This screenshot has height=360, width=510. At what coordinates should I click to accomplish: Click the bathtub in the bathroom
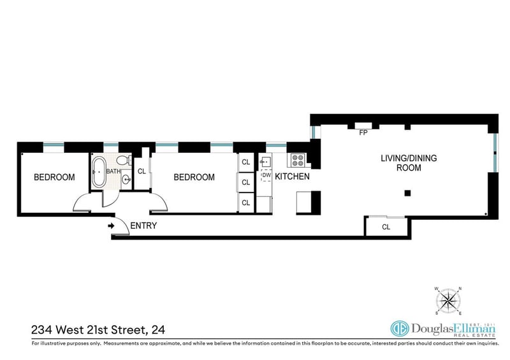(99, 171)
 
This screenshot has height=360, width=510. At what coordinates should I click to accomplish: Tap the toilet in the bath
(123, 161)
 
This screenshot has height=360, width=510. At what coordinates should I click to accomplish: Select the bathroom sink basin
(126, 179)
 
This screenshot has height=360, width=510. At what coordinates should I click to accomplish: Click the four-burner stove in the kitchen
(298, 161)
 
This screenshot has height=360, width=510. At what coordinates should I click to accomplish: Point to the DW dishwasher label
(266, 175)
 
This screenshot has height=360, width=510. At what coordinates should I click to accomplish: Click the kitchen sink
(265, 161)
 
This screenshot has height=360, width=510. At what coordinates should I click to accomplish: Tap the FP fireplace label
(363, 133)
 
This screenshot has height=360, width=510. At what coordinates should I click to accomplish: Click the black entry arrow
(111, 226)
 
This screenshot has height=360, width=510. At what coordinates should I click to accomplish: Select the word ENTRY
(143, 226)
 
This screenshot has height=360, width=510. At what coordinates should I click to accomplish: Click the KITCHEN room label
(292, 176)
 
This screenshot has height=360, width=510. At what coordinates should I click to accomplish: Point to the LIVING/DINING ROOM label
(409, 163)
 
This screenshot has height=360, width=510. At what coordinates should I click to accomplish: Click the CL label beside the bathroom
(142, 171)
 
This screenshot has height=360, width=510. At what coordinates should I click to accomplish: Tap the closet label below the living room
(386, 227)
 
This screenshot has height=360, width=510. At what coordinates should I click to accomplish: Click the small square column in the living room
(407, 194)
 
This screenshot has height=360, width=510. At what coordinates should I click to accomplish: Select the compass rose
(449, 301)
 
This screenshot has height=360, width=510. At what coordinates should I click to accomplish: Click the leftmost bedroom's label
(54, 177)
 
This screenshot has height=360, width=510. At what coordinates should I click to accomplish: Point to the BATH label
(113, 171)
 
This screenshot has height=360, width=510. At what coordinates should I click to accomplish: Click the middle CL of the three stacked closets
(246, 182)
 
